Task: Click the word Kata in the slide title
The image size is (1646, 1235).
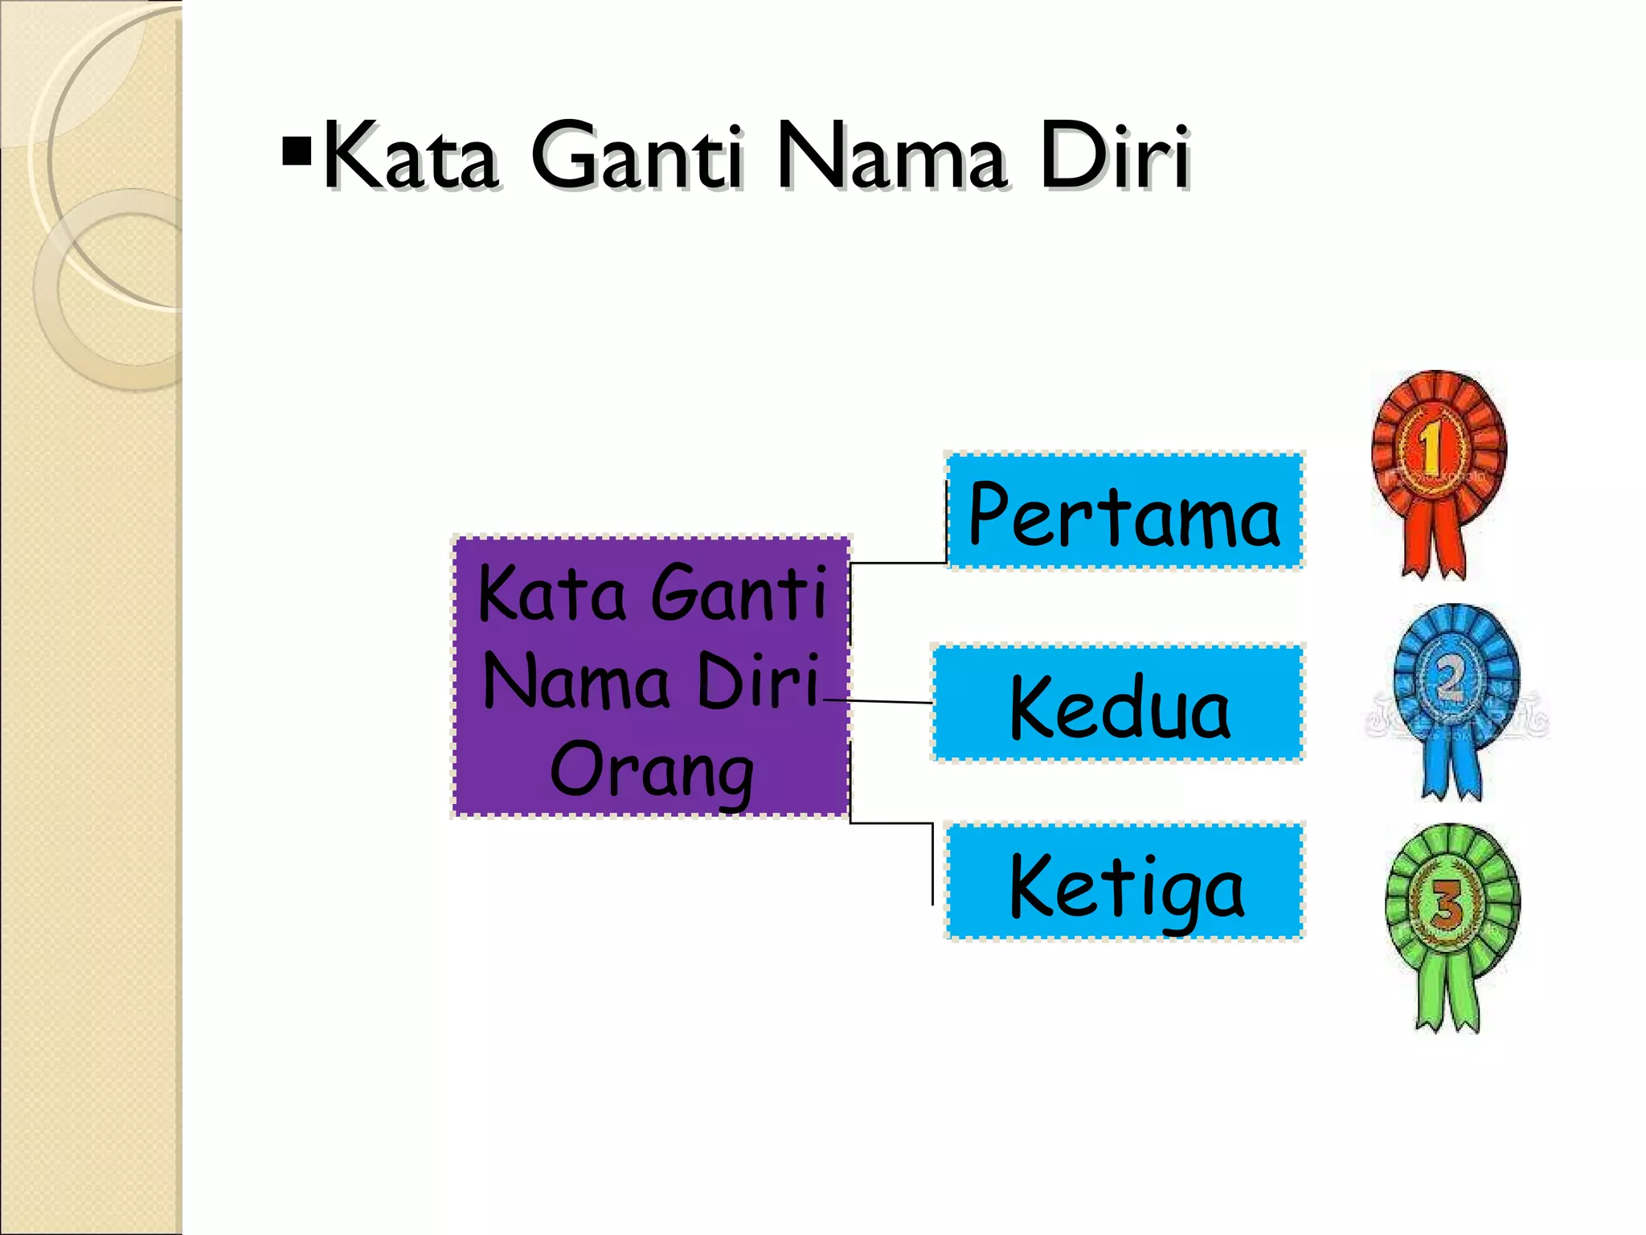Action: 410,156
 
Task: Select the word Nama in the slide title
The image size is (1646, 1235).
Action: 891,156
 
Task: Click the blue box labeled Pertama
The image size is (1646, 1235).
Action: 1125,511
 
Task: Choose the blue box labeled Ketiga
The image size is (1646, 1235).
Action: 1125,883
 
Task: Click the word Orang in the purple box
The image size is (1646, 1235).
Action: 651,770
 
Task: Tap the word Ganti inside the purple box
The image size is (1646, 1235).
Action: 738,595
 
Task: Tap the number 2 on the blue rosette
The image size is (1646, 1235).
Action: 1451,679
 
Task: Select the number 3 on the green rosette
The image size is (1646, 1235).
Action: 1448,904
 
